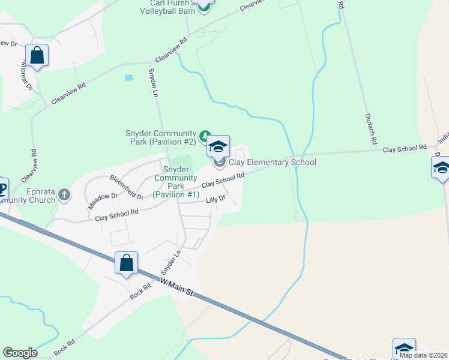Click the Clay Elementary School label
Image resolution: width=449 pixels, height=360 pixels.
[272, 162]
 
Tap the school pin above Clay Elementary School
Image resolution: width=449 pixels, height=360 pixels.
[218, 146]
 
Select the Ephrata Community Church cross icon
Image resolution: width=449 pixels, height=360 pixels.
[64, 194]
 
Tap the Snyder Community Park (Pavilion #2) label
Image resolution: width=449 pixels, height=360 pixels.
[160, 137]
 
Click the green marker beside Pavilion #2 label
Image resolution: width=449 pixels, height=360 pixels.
[205, 134]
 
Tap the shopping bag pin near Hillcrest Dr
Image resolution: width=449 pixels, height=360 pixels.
[37, 56]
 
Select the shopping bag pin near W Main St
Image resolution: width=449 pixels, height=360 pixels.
[127, 263]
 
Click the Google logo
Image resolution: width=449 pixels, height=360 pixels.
[20, 353]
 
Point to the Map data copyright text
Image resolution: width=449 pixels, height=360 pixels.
[423, 355]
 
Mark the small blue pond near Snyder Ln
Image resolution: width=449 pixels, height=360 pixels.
[128, 77]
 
